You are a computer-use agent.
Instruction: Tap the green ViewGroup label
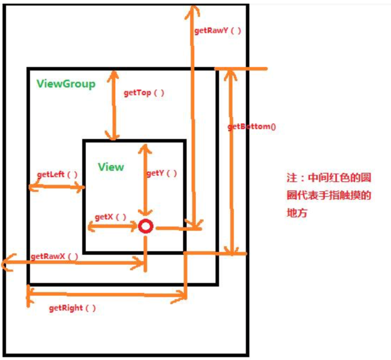(66, 83)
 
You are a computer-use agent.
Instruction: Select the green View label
(111, 167)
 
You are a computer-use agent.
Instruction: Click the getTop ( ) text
(144, 92)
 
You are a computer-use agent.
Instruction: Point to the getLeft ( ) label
(57, 174)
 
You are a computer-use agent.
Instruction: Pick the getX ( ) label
(111, 217)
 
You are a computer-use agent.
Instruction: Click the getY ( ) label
(162, 173)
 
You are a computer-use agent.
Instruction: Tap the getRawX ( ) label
(54, 256)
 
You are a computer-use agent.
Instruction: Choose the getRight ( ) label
(72, 308)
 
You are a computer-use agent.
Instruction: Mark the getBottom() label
(252, 126)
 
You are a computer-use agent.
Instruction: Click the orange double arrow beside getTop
(113, 105)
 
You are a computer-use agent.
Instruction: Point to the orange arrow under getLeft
(57, 186)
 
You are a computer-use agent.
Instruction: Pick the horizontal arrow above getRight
(106, 295)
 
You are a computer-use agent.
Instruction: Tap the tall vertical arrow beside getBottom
(232, 161)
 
